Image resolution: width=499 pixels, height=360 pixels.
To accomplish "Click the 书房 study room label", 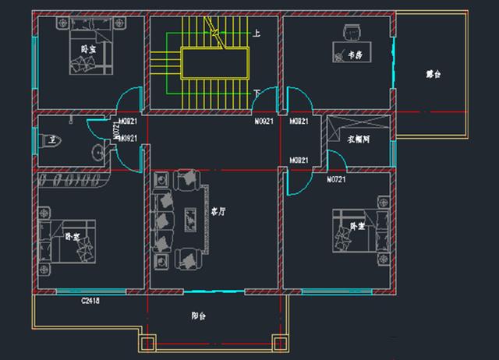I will pyautogui.click(x=356, y=55).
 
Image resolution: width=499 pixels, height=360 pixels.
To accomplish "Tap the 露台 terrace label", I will pyautogui.click(x=434, y=75).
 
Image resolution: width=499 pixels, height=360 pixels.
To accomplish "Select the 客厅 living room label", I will pyautogui.click(x=218, y=211).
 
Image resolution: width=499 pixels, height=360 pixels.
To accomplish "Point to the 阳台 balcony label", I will pyautogui.click(x=198, y=316).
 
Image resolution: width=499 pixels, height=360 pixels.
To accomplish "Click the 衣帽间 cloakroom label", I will pyautogui.click(x=359, y=140).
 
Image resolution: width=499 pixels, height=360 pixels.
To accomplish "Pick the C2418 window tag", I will pyautogui.click(x=92, y=300).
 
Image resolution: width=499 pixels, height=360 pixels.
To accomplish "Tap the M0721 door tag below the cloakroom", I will pyautogui.click(x=336, y=179).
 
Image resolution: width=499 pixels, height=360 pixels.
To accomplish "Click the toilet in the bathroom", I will pyautogui.click(x=48, y=141).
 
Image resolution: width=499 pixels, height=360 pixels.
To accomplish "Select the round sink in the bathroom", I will pyautogui.click(x=99, y=152).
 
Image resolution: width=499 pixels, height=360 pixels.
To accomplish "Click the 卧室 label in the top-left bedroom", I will pyautogui.click(x=89, y=48).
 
